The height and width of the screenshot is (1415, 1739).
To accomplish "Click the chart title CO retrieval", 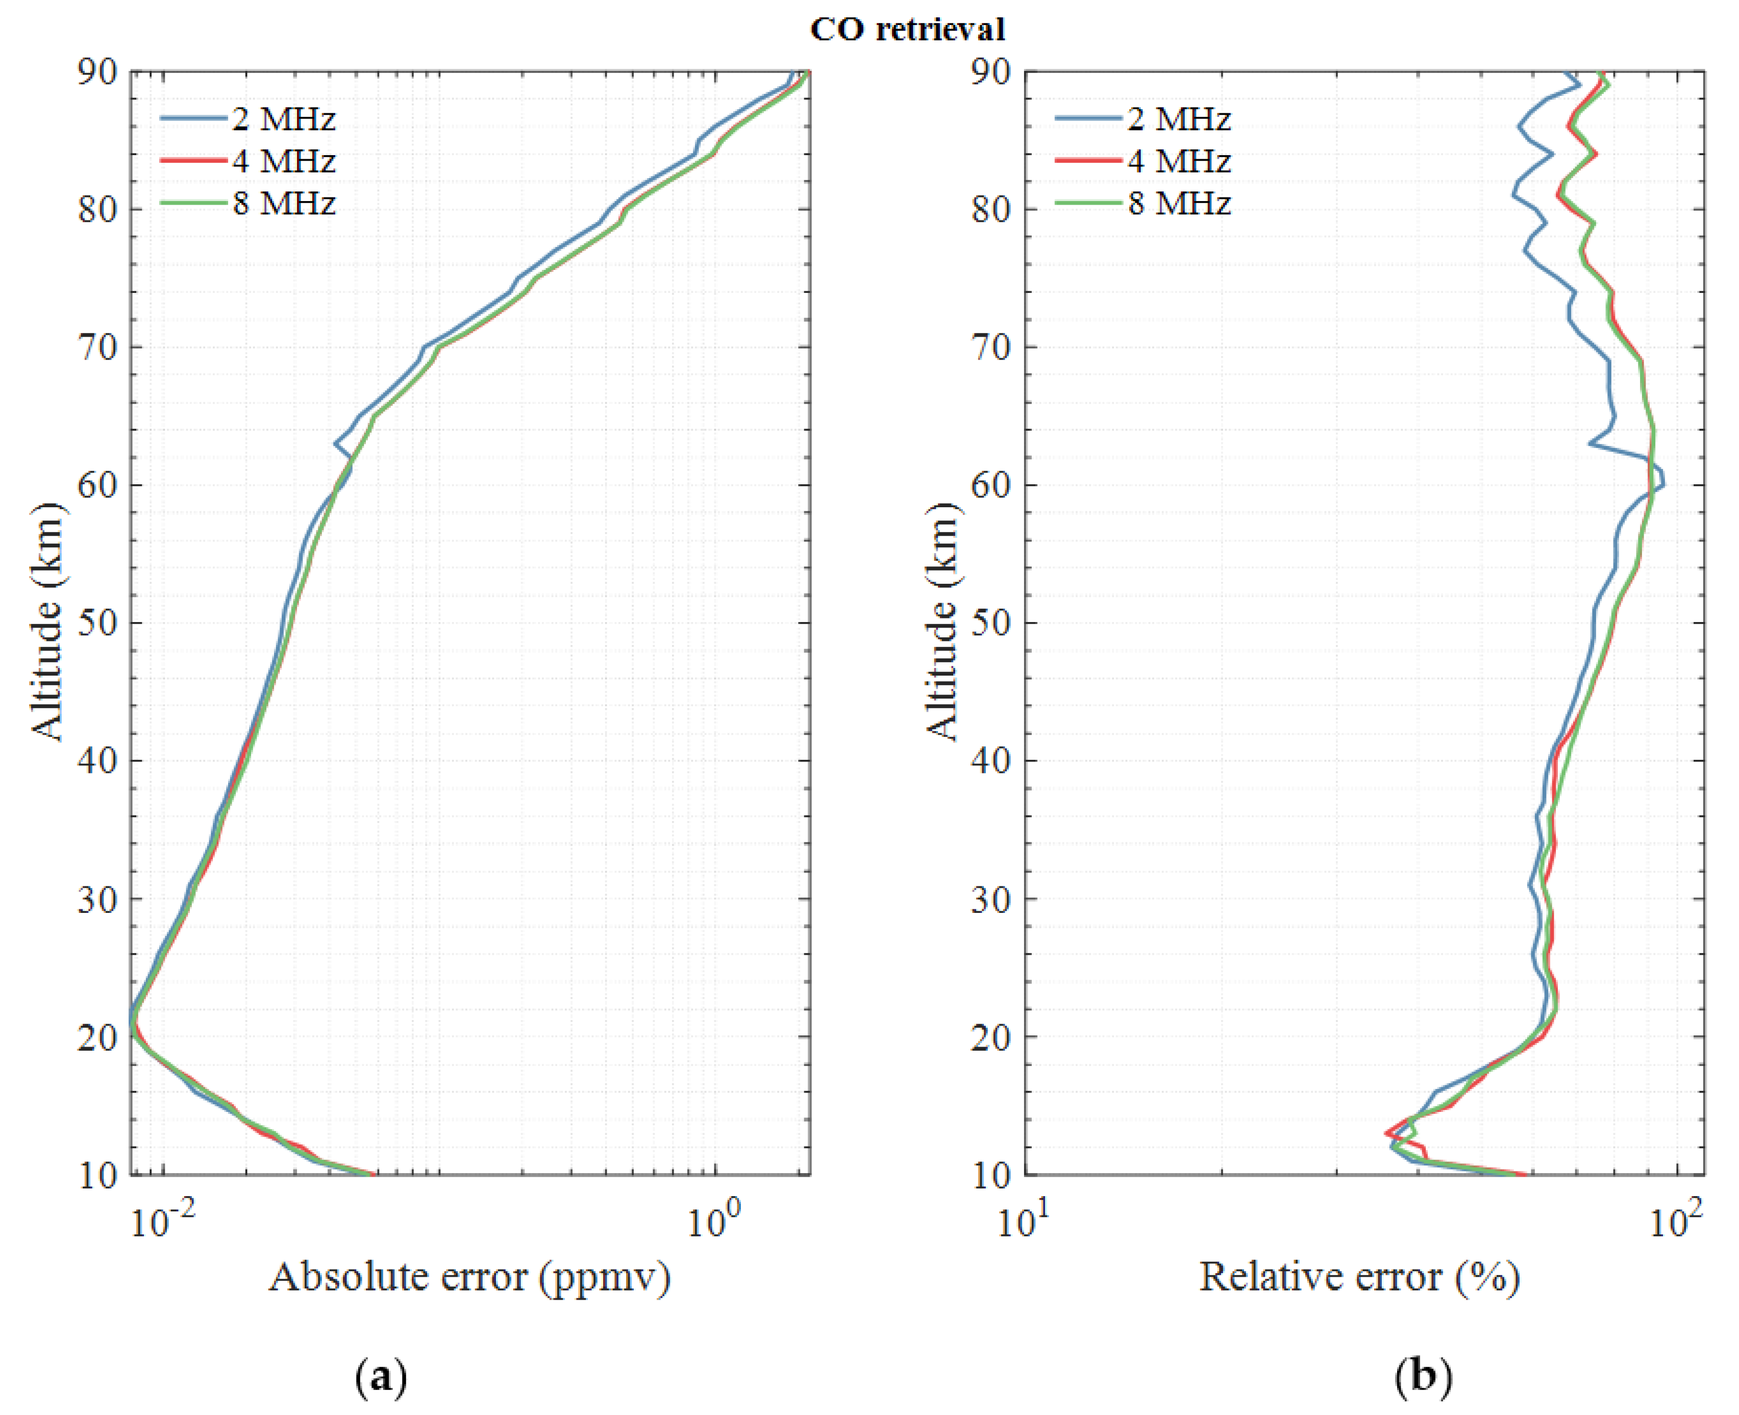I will click(x=907, y=30).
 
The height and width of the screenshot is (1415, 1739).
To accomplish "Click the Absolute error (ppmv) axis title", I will click(x=469, y=1276).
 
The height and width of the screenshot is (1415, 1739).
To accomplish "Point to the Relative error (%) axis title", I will click(x=1358, y=1276).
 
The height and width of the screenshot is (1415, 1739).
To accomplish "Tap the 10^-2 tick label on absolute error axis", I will click(x=163, y=1223).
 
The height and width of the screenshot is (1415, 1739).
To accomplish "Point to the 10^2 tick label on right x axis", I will click(x=1675, y=1223).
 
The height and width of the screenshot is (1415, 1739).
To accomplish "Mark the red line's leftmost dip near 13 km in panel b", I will click(x=1386, y=1132).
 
